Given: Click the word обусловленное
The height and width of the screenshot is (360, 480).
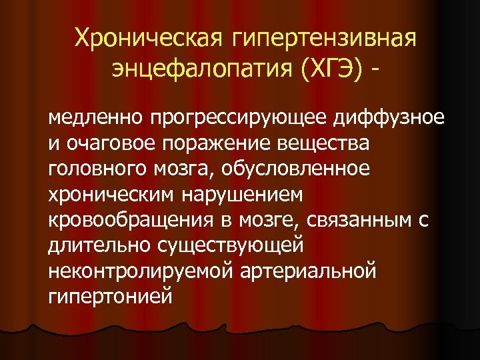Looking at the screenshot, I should click(x=301, y=169).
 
